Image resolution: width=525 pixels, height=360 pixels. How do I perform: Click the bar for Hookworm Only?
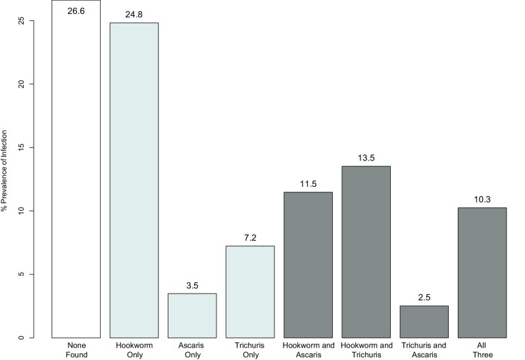pos(134,180)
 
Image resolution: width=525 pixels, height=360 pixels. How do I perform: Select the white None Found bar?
pos(76,168)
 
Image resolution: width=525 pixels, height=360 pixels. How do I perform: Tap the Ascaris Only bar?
pos(192,316)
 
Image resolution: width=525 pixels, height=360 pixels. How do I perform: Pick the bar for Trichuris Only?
pos(250,292)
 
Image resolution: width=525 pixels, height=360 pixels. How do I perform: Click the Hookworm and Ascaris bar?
pos(308,265)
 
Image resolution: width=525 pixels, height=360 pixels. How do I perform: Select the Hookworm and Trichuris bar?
pos(366,252)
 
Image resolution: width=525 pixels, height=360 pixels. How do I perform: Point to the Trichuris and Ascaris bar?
pos(424,322)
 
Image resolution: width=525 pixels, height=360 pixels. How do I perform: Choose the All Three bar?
pos(482,272)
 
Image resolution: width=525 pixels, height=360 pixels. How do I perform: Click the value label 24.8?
pos(134,14)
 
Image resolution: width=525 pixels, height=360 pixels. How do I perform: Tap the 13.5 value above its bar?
pos(366,158)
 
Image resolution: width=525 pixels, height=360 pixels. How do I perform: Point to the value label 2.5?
pos(424,297)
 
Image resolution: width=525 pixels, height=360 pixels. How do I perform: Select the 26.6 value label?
pos(76,11)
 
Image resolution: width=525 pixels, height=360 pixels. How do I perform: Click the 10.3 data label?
pos(482,199)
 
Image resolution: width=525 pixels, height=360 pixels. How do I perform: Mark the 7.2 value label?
pos(250,238)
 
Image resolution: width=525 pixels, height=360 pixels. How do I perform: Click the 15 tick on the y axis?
pos(22,147)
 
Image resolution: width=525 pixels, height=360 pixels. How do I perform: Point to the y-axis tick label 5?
pos(22,274)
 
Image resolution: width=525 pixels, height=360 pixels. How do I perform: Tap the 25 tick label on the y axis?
pos(22,21)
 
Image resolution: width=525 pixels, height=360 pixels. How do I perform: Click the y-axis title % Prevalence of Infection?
pos(4,171)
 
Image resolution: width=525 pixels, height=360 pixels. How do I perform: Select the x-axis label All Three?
pos(482,350)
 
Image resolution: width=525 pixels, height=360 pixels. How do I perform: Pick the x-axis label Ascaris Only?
pos(193,350)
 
